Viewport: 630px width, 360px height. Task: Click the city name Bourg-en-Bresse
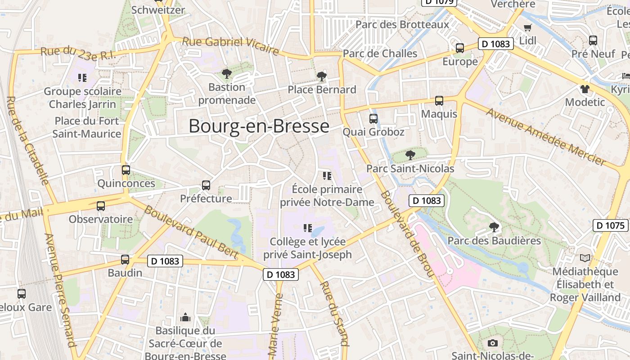click(x=259, y=126)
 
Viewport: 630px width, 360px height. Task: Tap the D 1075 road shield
click(x=610, y=225)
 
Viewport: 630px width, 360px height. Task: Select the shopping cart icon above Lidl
click(x=528, y=27)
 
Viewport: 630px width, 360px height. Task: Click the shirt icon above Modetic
click(x=585, y=89)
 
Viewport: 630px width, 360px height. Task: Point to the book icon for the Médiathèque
click(x=585, y=258)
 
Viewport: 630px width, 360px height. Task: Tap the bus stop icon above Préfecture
click(x=206, y=185)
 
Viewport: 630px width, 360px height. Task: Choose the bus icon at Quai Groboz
click(x=373, y=119)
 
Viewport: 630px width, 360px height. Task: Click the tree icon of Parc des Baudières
click(x=494, y=227)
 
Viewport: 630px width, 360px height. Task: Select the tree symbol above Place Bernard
click(x=321, y=76)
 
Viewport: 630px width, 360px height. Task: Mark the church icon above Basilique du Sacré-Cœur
click(x=185, y=318)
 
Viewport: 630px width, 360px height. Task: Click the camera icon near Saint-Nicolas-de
click(x=493, y=343)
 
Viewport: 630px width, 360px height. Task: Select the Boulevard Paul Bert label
click(x=191, y=233)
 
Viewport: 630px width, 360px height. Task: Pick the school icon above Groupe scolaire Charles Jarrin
click(x=82, y=78)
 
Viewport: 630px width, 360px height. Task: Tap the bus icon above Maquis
click(x=439, y=101)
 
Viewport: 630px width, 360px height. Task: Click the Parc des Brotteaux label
click(x=402, y=24)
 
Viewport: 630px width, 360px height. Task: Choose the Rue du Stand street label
click(x=333, y=314)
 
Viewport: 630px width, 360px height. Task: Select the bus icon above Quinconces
click(x=126, y=170)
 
